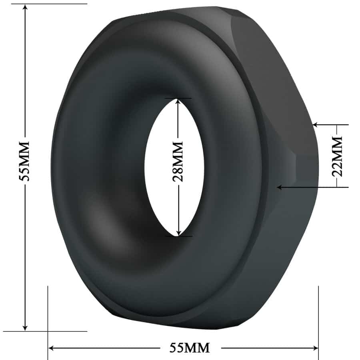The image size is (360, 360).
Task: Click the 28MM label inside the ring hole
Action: [178, 161]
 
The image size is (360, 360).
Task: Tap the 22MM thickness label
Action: [338, 156]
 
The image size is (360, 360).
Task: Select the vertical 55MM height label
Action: [25, 161]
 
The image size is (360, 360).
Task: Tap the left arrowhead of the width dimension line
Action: [52, 348]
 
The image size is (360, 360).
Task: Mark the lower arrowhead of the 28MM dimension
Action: [178, 232]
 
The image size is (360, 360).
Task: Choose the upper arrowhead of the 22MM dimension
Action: [316, 125]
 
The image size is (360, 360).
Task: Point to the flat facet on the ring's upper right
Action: [276, 88]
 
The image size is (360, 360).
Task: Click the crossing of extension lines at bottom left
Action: [48, 331]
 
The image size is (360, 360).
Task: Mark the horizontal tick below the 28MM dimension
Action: [178, 236]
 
